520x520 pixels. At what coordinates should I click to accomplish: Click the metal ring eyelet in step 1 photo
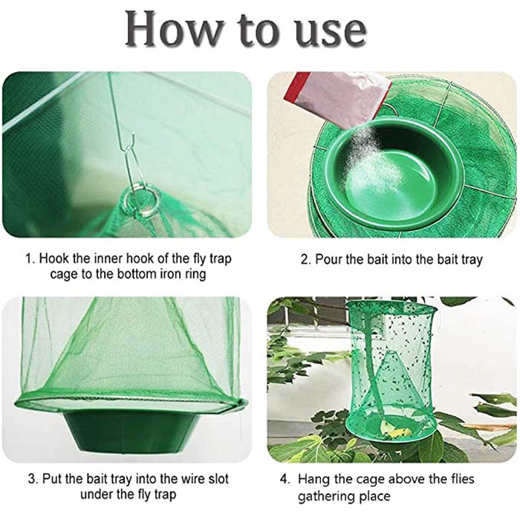[142, 201]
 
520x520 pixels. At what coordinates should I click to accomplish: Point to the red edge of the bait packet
[293, 87]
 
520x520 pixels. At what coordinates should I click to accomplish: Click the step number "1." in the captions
[30, 259]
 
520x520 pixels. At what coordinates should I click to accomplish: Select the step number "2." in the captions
[306, 259]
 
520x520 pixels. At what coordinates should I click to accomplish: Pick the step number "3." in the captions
[34, 479]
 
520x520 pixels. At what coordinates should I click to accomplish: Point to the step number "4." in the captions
[285, 480]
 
